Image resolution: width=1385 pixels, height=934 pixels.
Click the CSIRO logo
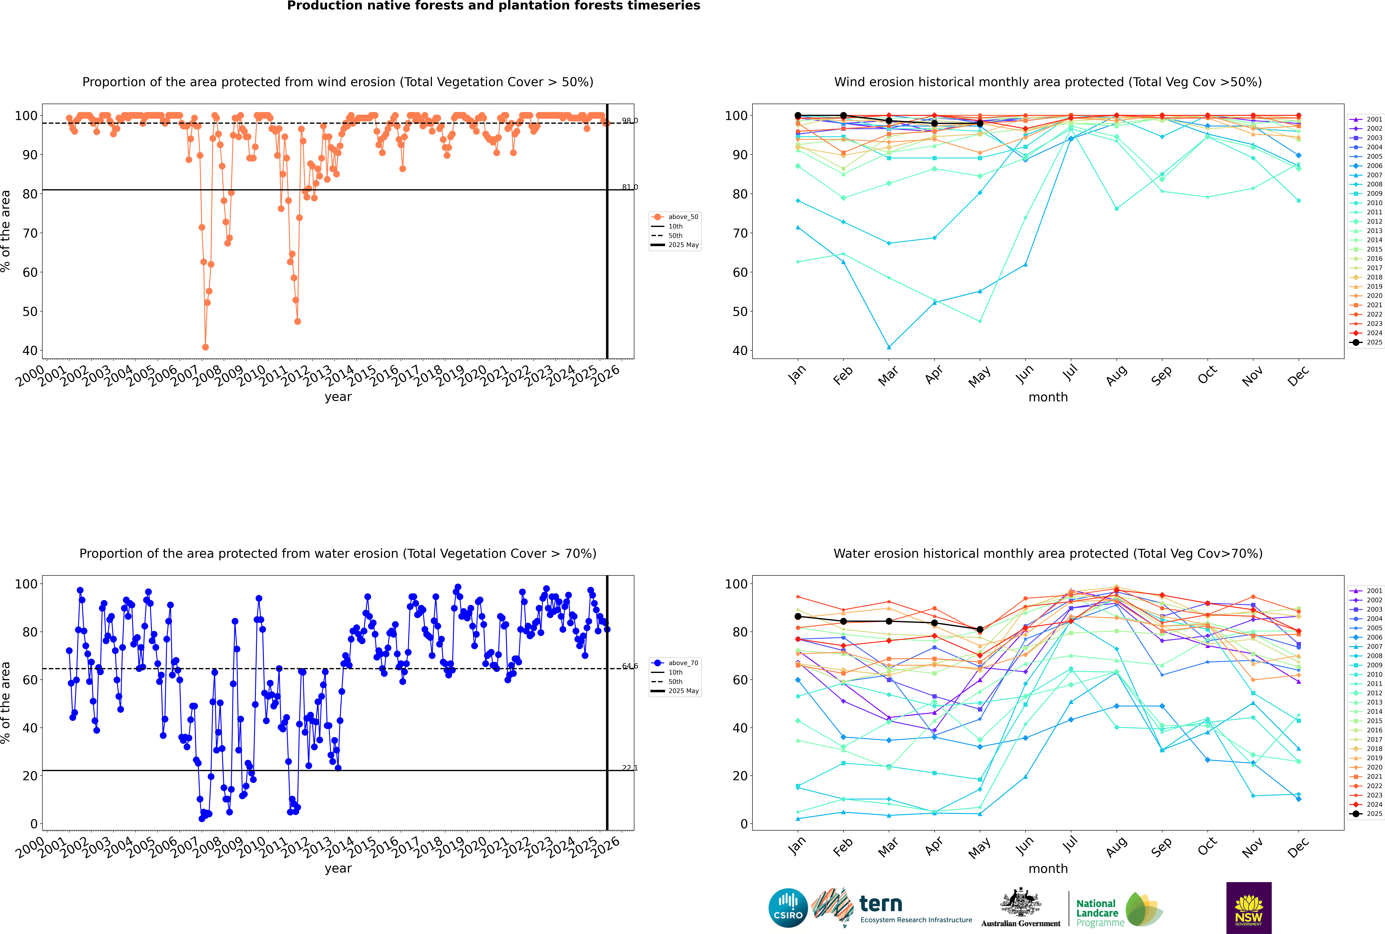[788, 908]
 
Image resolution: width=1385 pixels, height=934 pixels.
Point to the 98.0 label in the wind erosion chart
[629, 121]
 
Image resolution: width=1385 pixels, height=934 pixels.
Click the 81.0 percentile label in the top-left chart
[629, 187]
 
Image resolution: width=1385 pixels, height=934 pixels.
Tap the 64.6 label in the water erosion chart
[629, 666]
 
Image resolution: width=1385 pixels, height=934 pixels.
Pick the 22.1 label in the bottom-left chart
[629, 768]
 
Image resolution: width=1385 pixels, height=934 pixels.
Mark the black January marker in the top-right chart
[798, 116]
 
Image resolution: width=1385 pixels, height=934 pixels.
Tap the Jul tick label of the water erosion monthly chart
[1070, 845]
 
